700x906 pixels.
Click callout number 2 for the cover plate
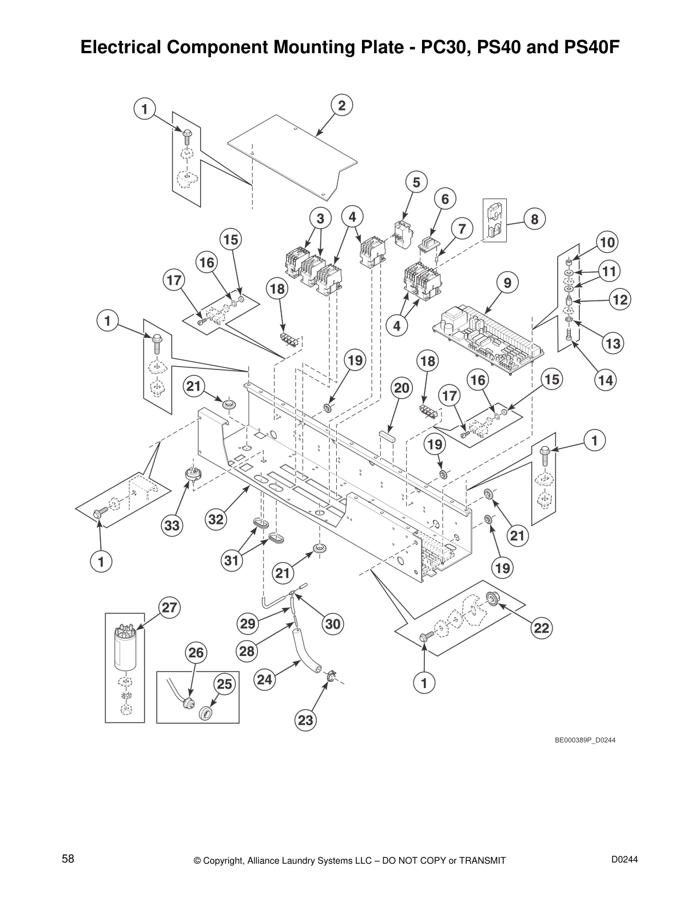(x=341, y=105)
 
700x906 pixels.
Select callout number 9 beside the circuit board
(x=507, y=283)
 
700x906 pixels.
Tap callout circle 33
(x=172, y=525)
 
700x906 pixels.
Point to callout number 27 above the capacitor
(x=169, y=607)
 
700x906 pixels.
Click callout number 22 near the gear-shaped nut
(x=541, y=629)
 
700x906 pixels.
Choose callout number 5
(x=416, y=182)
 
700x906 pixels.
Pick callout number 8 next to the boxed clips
(x=534, y=219)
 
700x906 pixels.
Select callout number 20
(x=401, y=388)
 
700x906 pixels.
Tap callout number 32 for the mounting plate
(x=216, y=519)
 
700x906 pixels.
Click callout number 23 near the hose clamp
(x=306, y=720)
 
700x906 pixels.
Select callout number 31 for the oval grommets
(x=231, y=561)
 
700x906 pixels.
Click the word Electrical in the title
(x=118, y=47)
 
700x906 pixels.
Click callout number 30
(x=333, y=624)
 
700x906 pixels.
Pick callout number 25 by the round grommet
(x=224, y=684)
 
